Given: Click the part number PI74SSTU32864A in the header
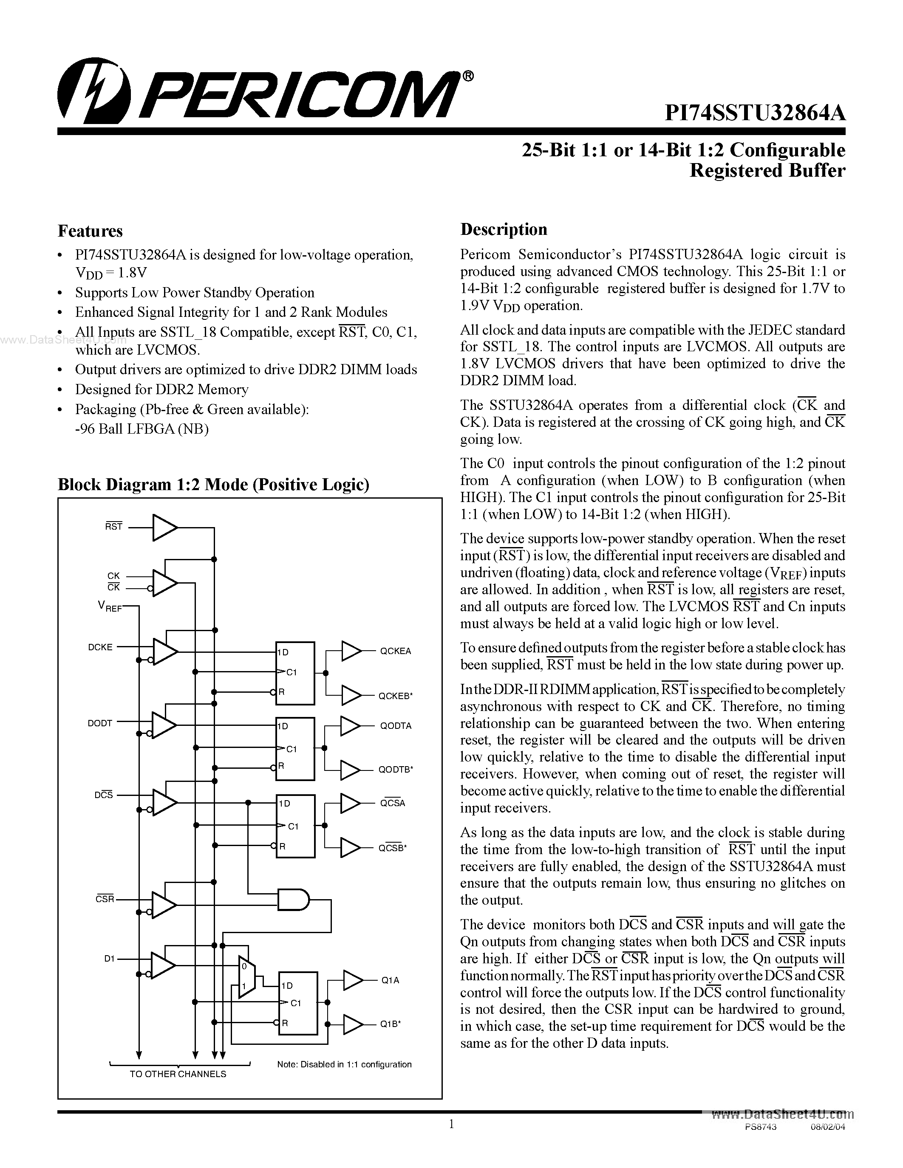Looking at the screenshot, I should [x=754, y=113].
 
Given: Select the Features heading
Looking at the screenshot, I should [x=90, y=231].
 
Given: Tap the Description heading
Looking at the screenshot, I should [x=504, y=229].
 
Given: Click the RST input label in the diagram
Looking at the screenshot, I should [x=114, y=527].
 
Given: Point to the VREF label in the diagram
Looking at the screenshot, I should [x=110, y=607].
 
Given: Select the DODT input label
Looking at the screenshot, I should [x=100, y=723].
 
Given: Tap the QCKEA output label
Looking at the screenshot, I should [x=395, y=651].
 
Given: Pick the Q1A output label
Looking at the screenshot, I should [x=390, y=980].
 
